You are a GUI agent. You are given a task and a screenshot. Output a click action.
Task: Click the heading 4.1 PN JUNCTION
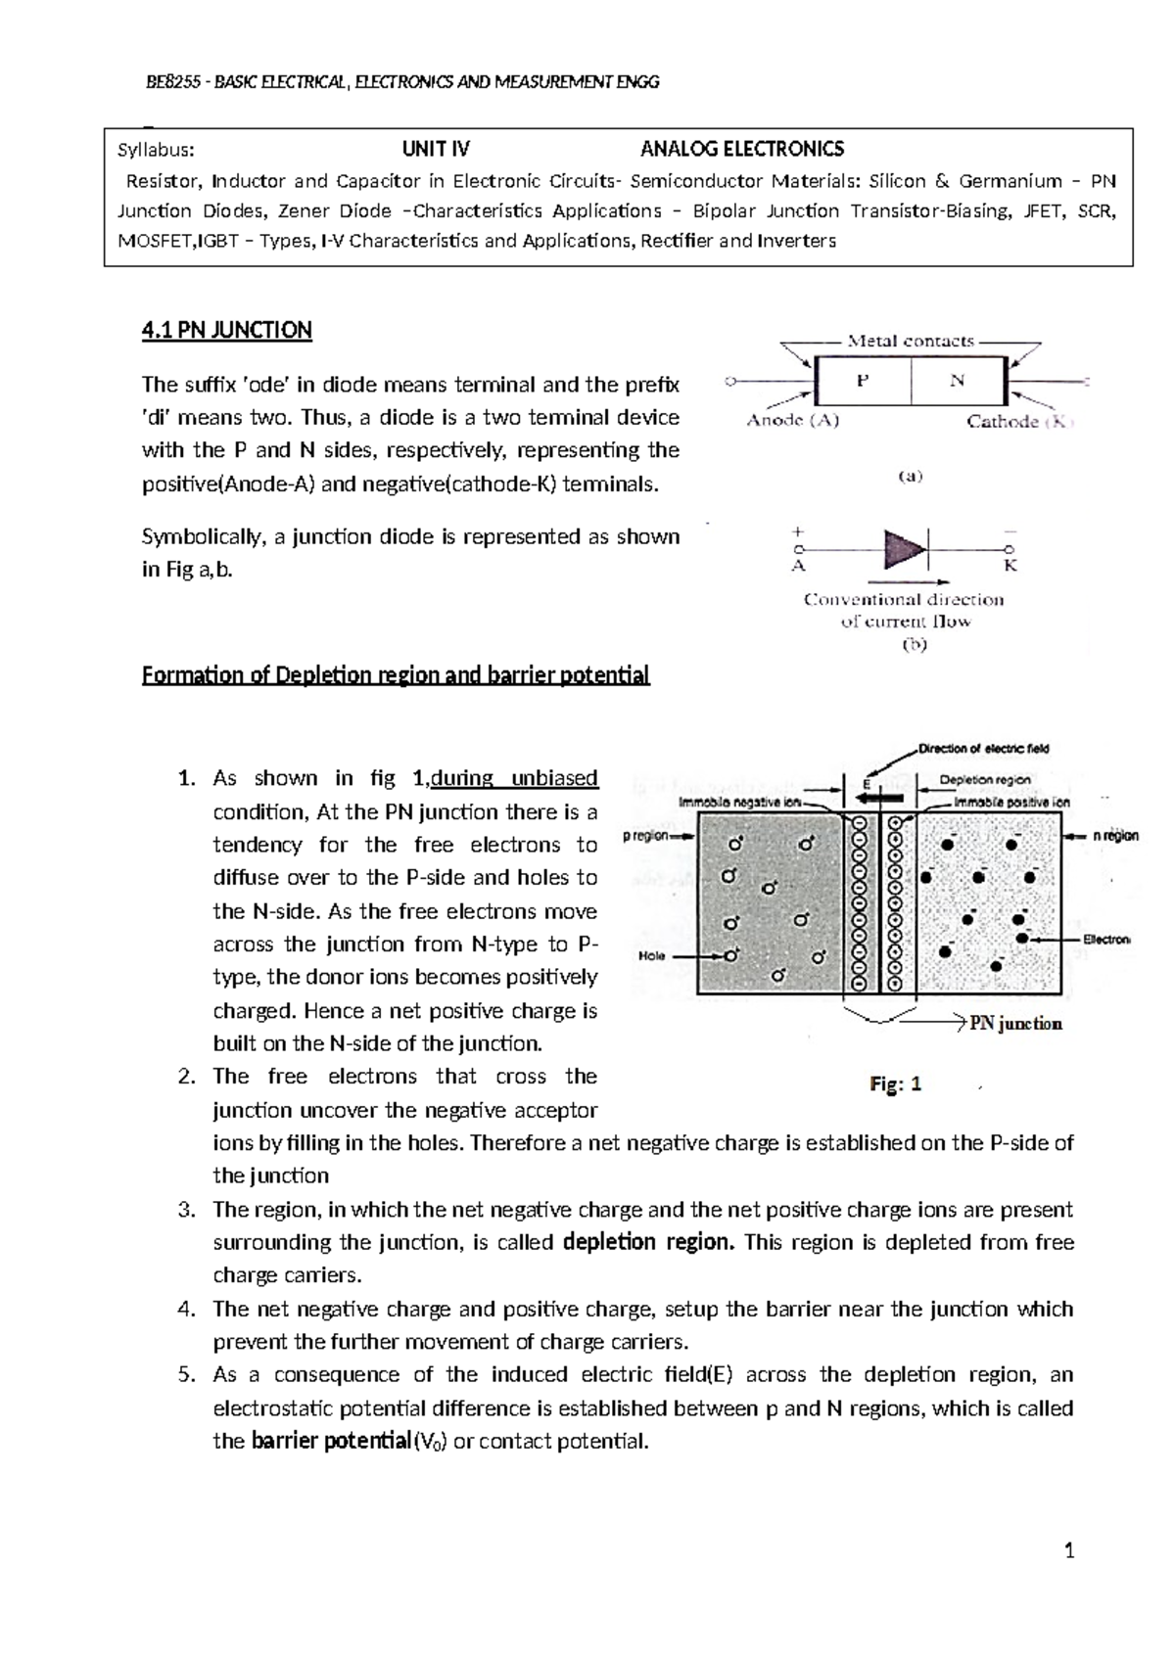[226, 331]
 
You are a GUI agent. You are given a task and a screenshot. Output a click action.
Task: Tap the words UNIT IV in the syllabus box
[436, 150]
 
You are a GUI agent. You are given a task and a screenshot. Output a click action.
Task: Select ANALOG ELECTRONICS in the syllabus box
[741, 150]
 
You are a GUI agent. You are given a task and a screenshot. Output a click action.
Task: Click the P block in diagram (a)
[863, 382]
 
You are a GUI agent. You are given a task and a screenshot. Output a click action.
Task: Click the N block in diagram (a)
[957, 382]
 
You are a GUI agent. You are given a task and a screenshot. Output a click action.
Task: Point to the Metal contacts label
[911, 342]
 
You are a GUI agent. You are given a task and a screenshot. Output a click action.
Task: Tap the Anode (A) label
[793, 421]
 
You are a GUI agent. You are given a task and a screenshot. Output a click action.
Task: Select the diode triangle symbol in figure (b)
[904, 550]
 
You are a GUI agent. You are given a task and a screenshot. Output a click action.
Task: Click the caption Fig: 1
[896, 1084]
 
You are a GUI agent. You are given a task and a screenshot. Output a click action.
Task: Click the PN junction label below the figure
[1015, 1024]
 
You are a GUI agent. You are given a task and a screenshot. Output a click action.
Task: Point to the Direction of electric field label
[983, 749]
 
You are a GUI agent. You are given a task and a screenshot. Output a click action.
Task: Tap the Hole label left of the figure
[652, 955]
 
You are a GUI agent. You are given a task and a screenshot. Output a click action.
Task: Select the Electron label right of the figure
[1105, 940]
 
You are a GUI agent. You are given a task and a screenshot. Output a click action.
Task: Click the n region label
[1115, 836]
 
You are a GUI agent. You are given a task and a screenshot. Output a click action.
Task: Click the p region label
[645, 836]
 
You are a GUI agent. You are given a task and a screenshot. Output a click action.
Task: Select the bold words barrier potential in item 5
[331, 1442]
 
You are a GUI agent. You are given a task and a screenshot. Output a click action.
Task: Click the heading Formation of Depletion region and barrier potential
[396, 676]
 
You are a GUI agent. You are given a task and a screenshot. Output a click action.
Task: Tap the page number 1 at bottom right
[1069, 1551]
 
